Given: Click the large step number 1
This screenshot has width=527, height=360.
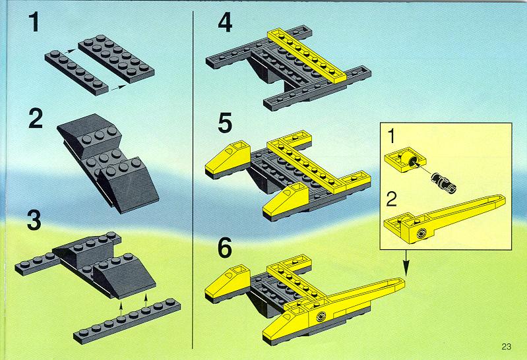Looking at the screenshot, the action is pos(34,22).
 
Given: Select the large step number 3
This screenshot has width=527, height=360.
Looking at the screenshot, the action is pos(34,220).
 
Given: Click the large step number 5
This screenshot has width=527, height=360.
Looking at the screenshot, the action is pos(225,123).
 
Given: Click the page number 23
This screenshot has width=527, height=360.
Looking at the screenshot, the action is pos(506,347).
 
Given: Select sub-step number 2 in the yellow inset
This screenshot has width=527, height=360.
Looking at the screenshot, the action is pos(392,199).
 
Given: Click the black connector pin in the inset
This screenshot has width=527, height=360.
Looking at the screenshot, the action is pos(444,183).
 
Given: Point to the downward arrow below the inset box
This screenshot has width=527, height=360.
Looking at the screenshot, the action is pos(406,263).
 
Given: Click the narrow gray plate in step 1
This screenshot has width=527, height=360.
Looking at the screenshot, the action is pos(77,73).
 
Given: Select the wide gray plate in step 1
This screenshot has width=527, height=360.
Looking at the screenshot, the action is pos(116,59).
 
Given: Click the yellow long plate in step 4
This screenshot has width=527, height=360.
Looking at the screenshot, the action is pos(307,56).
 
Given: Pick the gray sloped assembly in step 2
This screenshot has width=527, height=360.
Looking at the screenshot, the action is pos(108,163).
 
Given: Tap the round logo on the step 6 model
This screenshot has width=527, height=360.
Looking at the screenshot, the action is pos(321,316).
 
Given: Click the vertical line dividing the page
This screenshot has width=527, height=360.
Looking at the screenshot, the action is pos(193,180).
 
